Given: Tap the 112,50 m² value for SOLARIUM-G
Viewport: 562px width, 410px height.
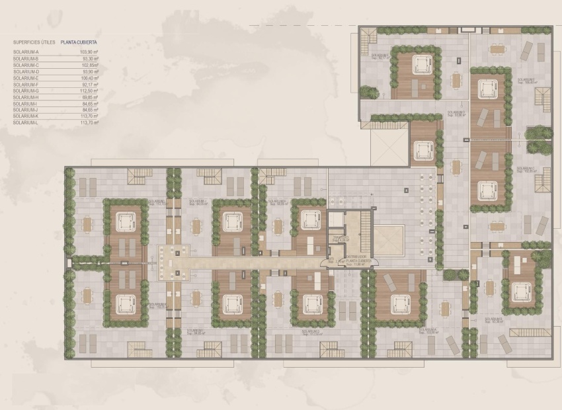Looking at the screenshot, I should pos(89,91).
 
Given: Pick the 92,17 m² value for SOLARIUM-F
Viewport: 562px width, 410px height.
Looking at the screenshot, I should pos(89,84).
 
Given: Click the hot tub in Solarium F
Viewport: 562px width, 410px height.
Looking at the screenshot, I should pos(421,65).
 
